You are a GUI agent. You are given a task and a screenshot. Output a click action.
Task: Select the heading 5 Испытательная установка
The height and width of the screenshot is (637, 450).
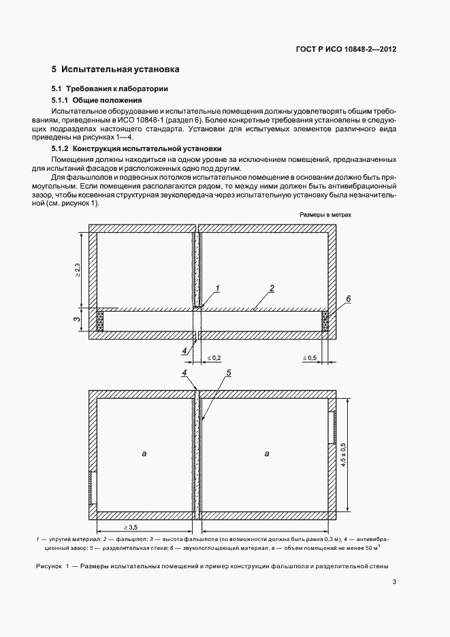(x=115, y=69)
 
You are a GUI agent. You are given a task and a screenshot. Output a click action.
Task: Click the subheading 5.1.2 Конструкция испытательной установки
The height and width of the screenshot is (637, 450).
(x=136, y=148)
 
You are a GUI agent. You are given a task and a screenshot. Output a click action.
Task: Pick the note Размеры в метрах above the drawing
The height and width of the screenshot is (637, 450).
(x=325, y=214)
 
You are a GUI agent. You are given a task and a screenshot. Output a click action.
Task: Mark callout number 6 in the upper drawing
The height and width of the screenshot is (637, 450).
(x=348, y=299)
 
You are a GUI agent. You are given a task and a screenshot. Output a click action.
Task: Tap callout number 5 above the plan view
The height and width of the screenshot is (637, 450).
(x=229, y=373)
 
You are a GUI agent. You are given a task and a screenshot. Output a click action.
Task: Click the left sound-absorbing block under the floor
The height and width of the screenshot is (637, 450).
(x=101, y=321)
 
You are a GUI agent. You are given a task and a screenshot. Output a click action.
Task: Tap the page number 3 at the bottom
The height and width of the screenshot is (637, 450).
(x=394, y=582)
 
